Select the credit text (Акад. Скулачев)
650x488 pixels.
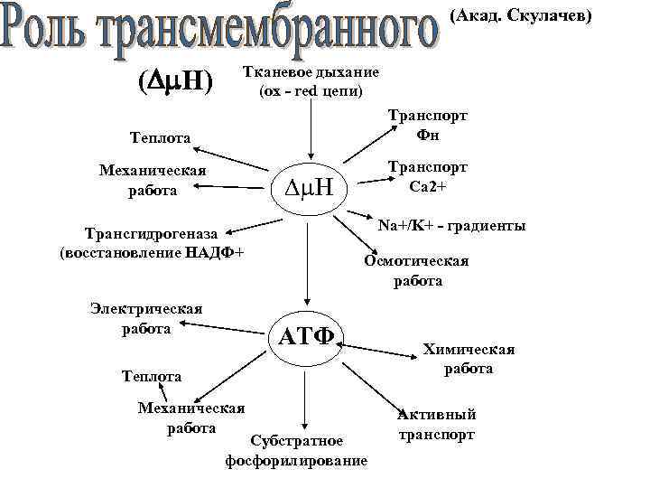point(520,15)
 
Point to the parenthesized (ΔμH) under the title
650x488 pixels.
point(174,82)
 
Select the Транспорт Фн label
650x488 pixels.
point(427,125)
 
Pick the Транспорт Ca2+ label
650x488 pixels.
point(427,176)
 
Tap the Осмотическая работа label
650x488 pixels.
point(416,271)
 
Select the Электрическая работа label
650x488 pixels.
point(145,318)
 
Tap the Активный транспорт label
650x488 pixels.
point(435,425)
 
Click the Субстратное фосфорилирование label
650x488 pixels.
point(296,451)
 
